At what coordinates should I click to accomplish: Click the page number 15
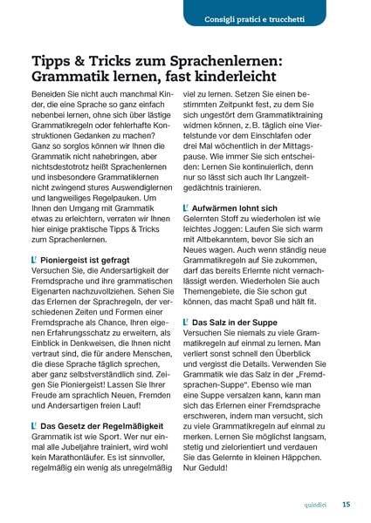pos(347,503)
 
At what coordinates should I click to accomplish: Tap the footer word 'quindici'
pos(317,503)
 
